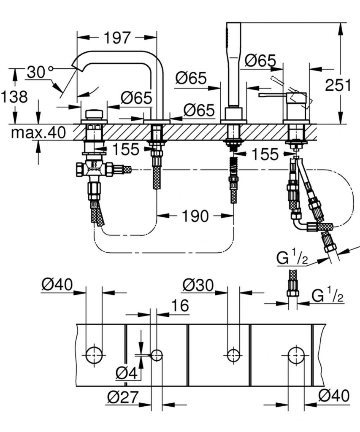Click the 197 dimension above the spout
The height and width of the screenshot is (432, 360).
click(x=117, y=38)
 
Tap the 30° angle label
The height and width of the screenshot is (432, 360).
click(x=40, y=73)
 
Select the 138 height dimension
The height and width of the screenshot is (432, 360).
click(x=14, y=97)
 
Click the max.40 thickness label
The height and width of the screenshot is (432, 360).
click(x=38, y=133)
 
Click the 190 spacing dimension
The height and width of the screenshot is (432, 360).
click(x=195, y=216)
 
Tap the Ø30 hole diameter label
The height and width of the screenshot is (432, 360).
click(x=198, y=286)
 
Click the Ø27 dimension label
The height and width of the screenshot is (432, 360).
click(x=123, y=397)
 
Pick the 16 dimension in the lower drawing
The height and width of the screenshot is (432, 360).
click(x=180, y=305)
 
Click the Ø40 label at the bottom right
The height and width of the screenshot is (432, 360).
click(x=334, y=395)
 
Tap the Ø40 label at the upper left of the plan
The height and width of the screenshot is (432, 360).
click(x=57, y=286)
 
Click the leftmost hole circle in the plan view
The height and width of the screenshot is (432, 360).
click(x=94, y=355)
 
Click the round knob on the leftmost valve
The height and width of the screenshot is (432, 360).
click(x=94, y=114)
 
